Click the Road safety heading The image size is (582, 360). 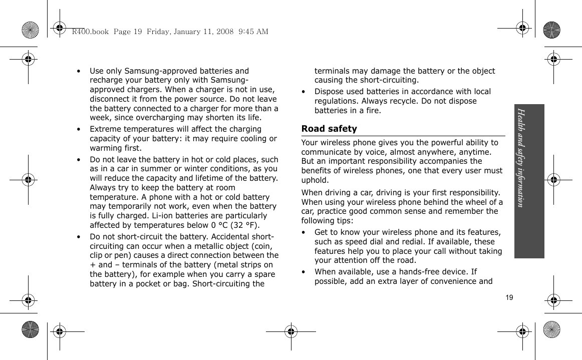[x=329, y=129]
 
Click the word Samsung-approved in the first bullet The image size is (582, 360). [x=137, y=71]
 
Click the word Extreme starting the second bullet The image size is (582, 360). [x=105, y=130]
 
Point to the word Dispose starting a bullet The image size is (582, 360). [x=330, y=92]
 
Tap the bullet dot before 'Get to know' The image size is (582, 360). [x=305, y=233]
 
